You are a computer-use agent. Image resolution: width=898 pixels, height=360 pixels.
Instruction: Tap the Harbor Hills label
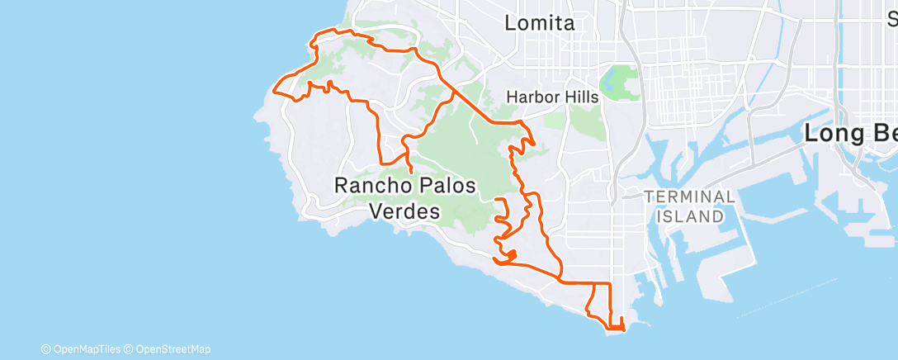(551, 97)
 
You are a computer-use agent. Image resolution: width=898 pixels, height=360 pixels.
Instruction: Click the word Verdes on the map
(404, 211)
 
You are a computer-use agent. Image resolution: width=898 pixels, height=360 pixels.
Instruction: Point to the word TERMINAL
(689, 197)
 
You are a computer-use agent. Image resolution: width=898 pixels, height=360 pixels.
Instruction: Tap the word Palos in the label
(447, 186)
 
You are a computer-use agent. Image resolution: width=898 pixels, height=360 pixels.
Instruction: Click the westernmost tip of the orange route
(274, 85)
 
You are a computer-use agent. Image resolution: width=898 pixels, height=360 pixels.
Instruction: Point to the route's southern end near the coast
(616, 329)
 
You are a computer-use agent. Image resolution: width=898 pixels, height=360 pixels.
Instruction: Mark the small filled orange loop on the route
(511, 255)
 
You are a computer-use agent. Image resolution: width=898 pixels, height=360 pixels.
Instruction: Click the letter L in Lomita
(511, 23)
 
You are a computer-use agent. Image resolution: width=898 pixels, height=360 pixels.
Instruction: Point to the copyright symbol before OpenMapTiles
(45, 348)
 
